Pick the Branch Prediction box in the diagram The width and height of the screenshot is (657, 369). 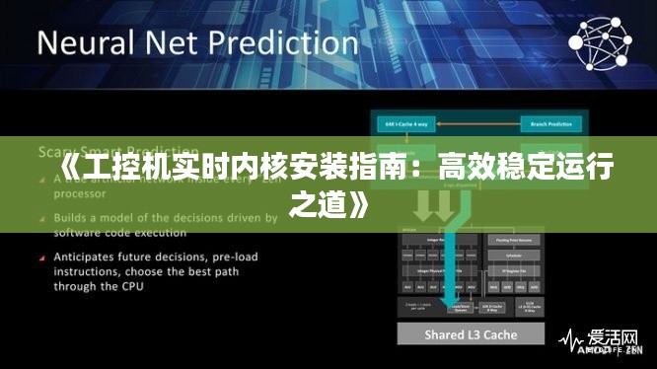click(550, 125)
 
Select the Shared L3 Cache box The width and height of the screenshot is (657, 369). click(471, 335)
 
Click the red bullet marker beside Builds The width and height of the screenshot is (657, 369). click(43, 217)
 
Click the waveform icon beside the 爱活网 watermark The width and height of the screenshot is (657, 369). click(570, 338)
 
